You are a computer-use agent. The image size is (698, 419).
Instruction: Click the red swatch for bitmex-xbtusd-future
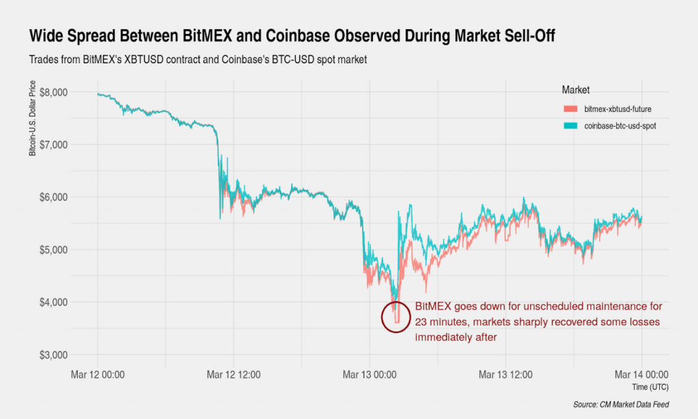(x=571, y=109)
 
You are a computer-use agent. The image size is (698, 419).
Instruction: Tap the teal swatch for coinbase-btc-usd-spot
(x=571, y=126)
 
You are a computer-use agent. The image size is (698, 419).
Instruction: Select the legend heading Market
(x=575, y=90)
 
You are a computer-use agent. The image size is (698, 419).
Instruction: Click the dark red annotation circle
(x=396, y=317)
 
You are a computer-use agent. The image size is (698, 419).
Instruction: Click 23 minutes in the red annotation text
(x=445, y=322)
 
